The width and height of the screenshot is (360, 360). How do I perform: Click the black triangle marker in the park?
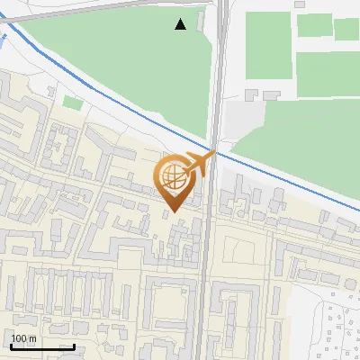181,24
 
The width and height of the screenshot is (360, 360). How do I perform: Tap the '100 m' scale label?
23,338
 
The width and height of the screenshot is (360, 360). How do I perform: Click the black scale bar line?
42,346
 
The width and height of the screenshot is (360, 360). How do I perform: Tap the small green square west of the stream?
71,103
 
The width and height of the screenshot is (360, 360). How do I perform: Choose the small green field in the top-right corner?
346,30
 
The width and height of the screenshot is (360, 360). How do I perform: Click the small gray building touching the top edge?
301,4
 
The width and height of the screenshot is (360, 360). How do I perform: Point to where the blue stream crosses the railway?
215,149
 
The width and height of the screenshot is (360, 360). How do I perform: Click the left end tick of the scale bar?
11,346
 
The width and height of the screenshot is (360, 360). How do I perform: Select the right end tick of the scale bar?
74,346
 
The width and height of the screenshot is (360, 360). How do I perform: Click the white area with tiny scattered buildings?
337,328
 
